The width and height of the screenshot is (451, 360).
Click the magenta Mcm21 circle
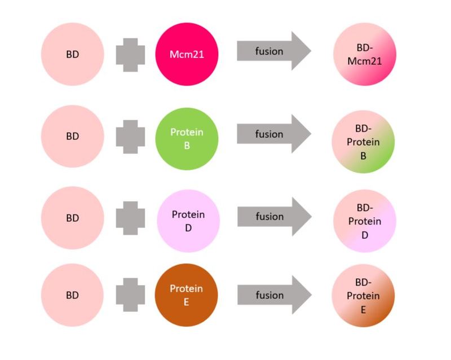click(187, 54)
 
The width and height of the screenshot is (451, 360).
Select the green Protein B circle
click(187, 139)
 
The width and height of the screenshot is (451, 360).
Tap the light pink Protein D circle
click(188, 221)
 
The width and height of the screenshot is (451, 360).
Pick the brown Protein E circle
click(187, 295)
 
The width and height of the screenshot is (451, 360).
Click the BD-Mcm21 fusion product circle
click(365, 54)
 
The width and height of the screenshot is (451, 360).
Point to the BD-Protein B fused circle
click(363, 142)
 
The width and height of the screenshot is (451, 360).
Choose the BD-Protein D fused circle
click(365, 221)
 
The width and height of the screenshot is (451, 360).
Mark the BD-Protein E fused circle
click(363, 296)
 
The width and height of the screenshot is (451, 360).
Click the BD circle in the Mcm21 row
click(73, 54)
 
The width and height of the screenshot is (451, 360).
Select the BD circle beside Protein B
click(73, 136)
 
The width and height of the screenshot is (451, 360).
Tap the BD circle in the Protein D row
click(73, 218)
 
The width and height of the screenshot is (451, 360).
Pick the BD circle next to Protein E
click(72, 295)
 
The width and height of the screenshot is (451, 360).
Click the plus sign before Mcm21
click(130, 55)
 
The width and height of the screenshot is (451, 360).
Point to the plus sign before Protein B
click(130, 137)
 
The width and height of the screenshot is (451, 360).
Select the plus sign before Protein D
click(130, 218)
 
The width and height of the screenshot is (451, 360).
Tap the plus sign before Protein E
click(130, 295)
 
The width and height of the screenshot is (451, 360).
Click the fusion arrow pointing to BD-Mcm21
click(274, 51)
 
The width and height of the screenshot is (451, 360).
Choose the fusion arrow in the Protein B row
click(274, 134)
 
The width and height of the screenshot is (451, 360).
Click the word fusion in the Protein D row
click(270, 217)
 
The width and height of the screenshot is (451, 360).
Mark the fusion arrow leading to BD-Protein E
click(275, 295)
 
